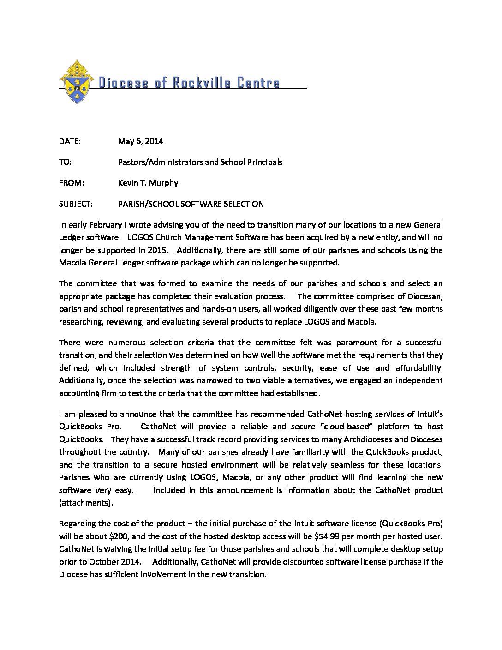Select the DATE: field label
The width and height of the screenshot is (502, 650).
pyautogui.click(x=70, y=141)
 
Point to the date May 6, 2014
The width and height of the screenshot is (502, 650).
pyautogui.click(x=140, y=141)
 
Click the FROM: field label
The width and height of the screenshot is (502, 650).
pyautogui.click(x=72, y=183)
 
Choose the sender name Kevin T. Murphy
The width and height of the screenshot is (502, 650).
pyautogui.click(x=148, y=183)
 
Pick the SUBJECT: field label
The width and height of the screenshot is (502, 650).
pyautogui.click(x=76, y=204)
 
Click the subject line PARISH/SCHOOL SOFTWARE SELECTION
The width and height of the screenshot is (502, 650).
pyautogui.click(x=191, y=204)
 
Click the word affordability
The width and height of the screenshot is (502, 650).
pyautogui.click(x=418, y=368)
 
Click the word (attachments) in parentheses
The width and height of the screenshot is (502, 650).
pyautogui.click(x=86, y=503)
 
